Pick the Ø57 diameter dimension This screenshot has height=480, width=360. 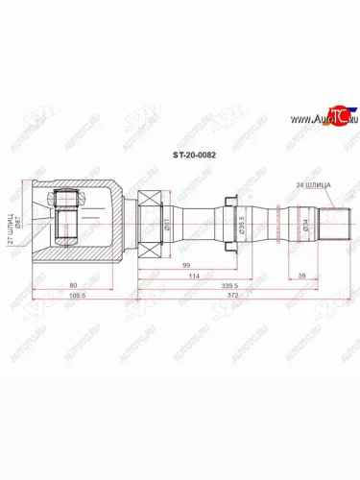166,227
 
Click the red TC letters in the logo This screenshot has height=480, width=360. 333,117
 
